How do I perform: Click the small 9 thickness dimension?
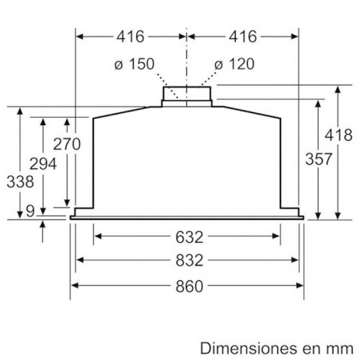(29, 211)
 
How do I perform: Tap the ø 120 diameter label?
(233, 65)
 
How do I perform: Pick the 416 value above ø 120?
(242, 36)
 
